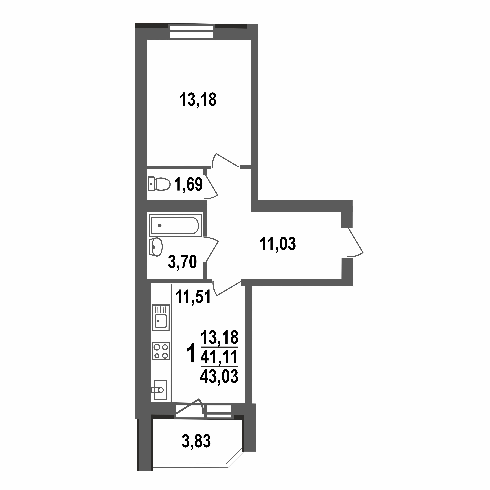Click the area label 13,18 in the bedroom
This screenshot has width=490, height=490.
[x=198, y=100]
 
